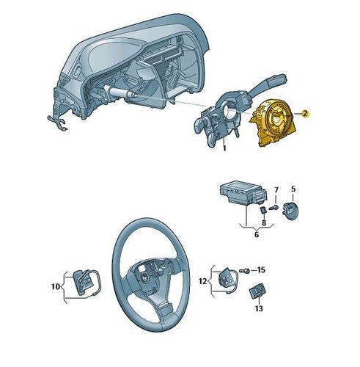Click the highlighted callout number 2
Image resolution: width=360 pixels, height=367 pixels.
pyautogui.click(x=305, y=114)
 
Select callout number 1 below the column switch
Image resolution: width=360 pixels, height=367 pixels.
pyautogui.click(x=224, y=148)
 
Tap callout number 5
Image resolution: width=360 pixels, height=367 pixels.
pyautogui.click(x=293, y=189)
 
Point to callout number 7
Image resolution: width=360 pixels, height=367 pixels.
pyautogui.click(x=276, y=190)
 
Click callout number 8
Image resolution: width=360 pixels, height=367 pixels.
pyautogui.click(x=264, y=223)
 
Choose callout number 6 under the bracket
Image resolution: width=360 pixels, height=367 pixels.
pyautogui.click(x=257, y=235)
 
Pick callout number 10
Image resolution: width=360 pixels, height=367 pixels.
pyautogui.click(x=56, y=286)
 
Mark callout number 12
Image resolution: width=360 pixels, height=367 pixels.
pyautogui.click(x=203, y=281)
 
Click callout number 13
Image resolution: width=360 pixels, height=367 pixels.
pyautogui.click(x=259, y=308)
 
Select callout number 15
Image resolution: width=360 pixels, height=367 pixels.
pyautogui.click(x=261, y=270)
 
